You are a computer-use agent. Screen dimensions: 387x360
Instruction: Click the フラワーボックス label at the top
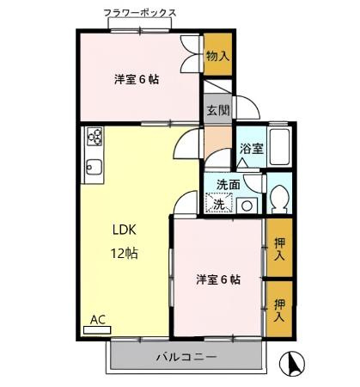point(140,14)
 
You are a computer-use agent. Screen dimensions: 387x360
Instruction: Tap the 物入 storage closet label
point(218,56)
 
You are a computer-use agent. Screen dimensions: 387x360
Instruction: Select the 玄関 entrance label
point(218,110)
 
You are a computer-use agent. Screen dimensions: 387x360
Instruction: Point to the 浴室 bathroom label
point(251,148)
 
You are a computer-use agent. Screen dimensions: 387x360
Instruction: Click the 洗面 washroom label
point(228,184)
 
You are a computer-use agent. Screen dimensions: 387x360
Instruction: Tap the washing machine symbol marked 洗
point(221,204)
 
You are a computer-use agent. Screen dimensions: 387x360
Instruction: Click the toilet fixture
point(278,200)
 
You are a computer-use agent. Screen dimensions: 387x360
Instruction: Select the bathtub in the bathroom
point(280,146)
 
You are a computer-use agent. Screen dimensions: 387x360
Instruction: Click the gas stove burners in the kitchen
point(94,137)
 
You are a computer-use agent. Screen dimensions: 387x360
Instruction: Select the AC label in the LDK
point(98,320)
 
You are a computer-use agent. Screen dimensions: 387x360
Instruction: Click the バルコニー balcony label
point(186,356)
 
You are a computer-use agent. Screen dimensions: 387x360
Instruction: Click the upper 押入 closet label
point(279,249)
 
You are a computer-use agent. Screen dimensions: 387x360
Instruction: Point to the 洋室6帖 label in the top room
point(137,79)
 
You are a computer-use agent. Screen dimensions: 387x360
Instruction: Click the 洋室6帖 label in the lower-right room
point(217,279)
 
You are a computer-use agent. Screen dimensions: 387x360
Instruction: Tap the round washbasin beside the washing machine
point(247,205)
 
